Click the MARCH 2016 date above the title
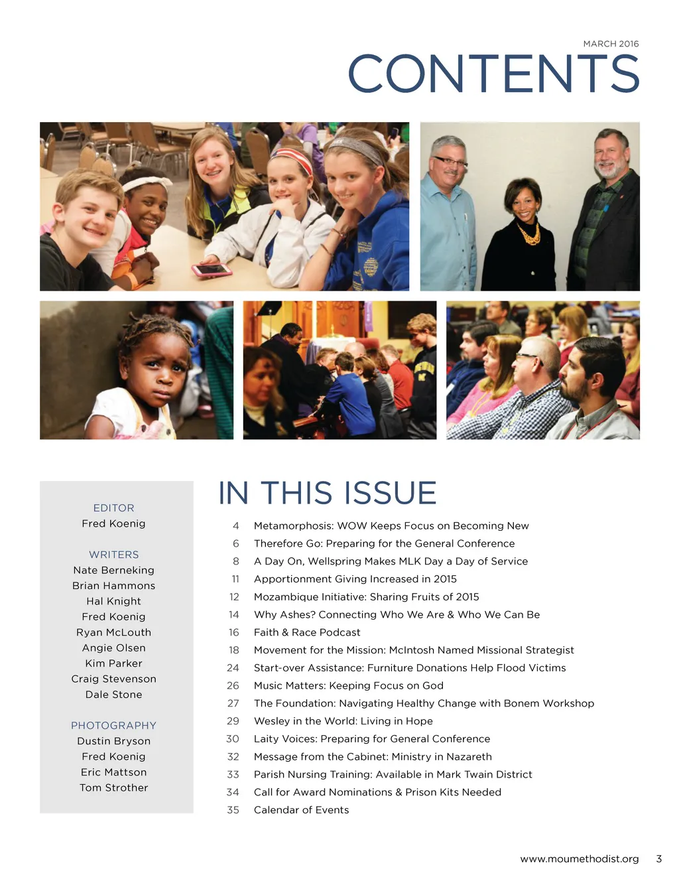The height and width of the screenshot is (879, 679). [611, 44]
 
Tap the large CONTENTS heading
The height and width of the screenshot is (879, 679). [493, 74]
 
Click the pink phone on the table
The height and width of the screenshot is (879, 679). [212, 270]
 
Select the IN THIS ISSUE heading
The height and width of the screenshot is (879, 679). [327, 494]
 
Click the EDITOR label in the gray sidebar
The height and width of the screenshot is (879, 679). [113, 508]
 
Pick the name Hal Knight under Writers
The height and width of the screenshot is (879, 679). [113, 601]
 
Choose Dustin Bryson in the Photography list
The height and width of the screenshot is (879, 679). [113, 741]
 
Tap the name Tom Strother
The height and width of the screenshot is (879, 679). [113, 787]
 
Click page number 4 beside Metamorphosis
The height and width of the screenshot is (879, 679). [235, 526]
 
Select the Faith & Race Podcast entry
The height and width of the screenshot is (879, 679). [307, 632]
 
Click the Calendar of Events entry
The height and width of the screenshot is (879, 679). [301, 810]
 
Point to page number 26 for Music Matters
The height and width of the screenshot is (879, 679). [233, 686]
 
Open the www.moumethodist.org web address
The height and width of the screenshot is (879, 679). [579, 859]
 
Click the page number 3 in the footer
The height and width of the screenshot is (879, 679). [658, 859]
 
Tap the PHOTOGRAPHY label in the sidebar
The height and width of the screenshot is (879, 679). [113, 726]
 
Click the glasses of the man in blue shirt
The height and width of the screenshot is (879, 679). [450, 161]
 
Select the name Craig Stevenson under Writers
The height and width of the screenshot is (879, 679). [113, 679]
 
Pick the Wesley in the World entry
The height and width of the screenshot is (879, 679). [343, 721]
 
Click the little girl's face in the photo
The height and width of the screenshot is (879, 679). [161, 369]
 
